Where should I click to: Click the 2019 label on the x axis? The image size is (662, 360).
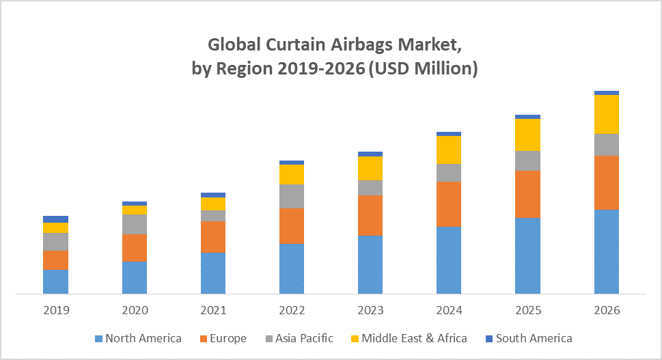(x=56, y=310)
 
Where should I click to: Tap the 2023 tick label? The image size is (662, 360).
(x=370, y=310)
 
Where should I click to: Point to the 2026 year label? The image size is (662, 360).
(x=606, y=310)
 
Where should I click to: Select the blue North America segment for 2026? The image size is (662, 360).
(x=606, y=251)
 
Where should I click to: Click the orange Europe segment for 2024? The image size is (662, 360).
(x=449, y=204)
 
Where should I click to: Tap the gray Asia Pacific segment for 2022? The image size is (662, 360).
(x=292, y=196)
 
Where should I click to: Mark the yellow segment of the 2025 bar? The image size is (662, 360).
(x=527, y=135)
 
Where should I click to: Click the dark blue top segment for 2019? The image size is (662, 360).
(x=56, y=219)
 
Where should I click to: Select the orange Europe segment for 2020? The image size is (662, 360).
(x=135, y=248)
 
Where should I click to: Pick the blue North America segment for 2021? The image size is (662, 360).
(x=213, y=273)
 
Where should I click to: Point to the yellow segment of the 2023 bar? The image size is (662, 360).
(x=370, y=168)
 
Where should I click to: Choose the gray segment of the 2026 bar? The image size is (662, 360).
(x=606, y=144)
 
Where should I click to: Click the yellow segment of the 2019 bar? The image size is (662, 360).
(x=56, y=227)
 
